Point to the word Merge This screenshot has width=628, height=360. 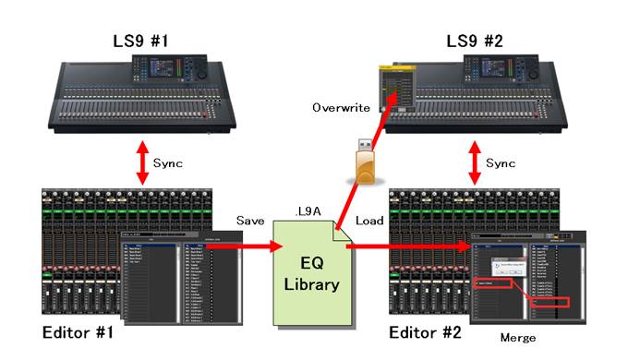pos(516,338)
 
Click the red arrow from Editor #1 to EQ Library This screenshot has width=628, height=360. pos(258,246)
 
